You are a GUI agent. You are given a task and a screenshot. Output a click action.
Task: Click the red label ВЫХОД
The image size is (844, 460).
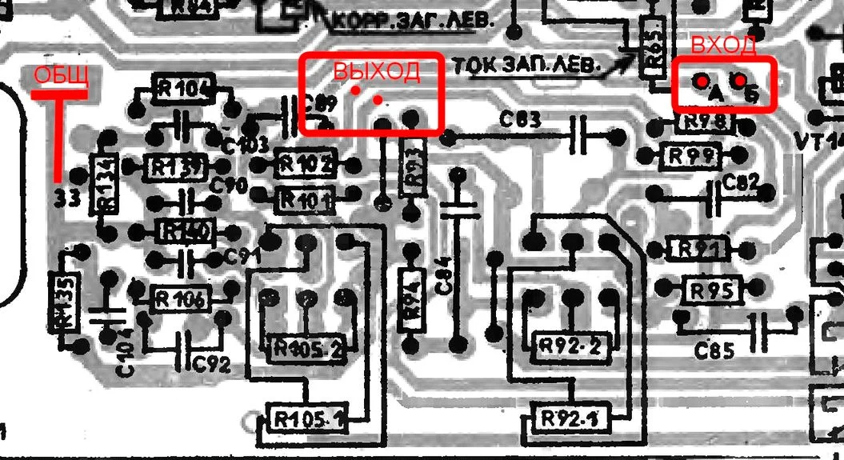point(376,71)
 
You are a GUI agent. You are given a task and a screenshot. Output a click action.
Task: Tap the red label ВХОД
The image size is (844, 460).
point(722,46)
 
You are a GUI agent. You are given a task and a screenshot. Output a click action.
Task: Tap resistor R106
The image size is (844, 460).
point(180,300)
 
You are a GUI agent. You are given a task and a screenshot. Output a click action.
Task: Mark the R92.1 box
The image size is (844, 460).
point(569,417)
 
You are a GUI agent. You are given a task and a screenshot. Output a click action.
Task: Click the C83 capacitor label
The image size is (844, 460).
point(521,120)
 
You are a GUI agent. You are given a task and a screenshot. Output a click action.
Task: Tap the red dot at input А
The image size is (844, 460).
point(701,82)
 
